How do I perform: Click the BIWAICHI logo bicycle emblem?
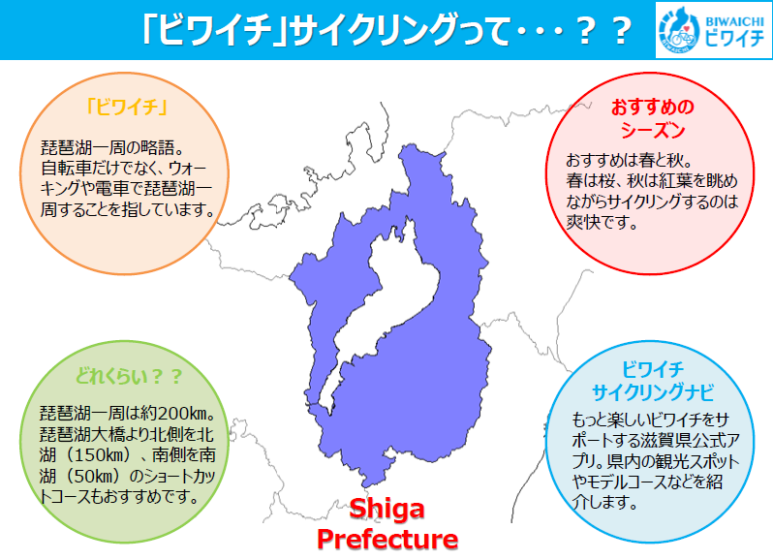point(680,30)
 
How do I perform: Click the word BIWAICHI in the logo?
point(734,21)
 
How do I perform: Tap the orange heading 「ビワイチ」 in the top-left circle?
point(126,106)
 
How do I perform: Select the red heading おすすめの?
point(653,107)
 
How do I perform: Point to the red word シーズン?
point(653,130)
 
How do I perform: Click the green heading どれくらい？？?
point(128,376)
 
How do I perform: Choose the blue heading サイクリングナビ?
point(653,392)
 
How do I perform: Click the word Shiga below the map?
point(387,509)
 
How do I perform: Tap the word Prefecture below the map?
point(387,539)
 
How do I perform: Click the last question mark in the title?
point(621,30)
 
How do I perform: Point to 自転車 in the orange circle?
point(66,169)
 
